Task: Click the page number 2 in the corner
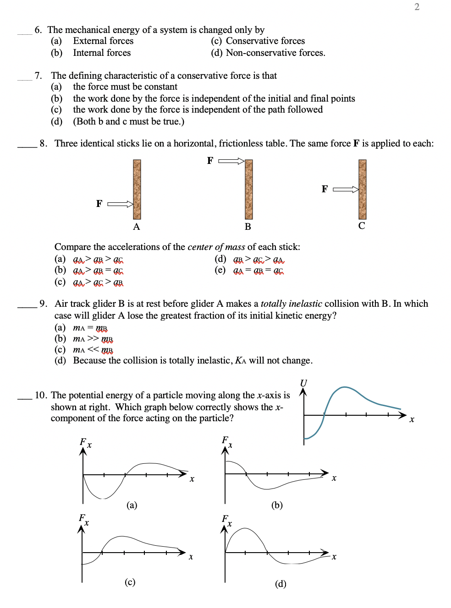click(417, 7)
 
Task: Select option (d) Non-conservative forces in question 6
click(268, 53)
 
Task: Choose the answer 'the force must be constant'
click(125, 87)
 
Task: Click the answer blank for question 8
click(27, 146)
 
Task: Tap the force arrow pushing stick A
click(120, 204)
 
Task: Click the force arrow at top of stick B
click(231, 161)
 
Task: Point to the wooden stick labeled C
click(362, 189)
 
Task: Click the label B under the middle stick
click(248, 227)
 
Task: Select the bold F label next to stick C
click(324, 189)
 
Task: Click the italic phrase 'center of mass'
click(216, 247)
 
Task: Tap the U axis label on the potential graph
click(303, 383)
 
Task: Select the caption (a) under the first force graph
click(132, 505)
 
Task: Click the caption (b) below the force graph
click(277, 505)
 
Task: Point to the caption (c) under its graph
click(130, 582)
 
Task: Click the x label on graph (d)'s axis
click(334, 557)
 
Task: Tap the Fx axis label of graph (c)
click(83, 519)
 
